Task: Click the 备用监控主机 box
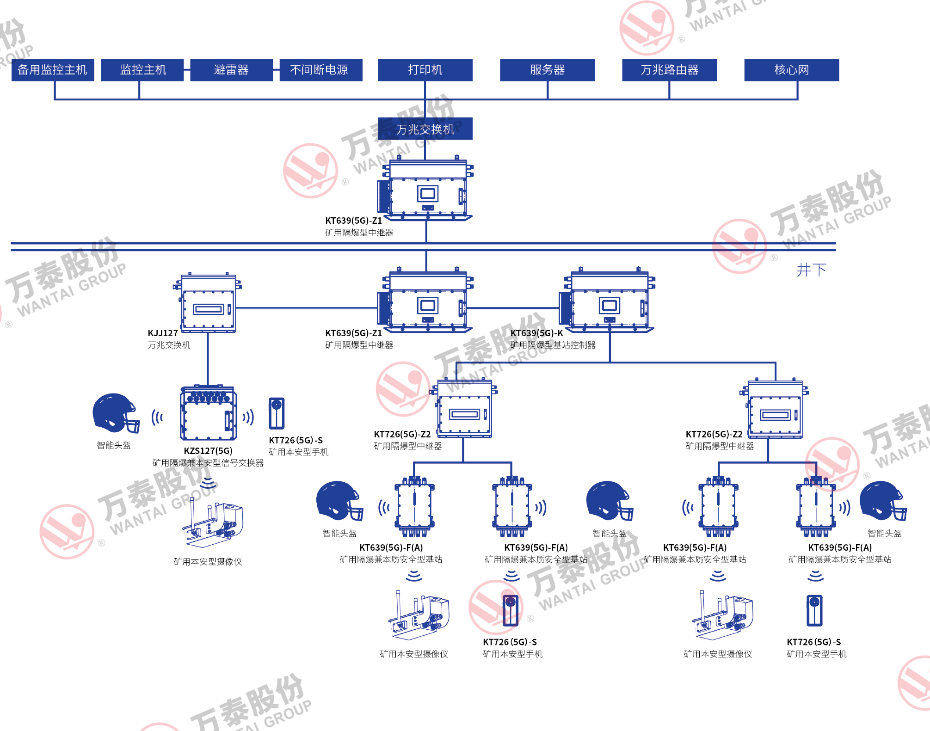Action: [53, 70]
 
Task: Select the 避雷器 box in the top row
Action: [231, 70]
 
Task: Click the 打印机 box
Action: [425, 70]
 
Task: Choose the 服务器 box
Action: [547, 70]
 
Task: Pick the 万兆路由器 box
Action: [669, 70]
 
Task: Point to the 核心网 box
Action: [791, 70]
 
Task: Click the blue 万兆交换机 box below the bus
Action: [425, 129]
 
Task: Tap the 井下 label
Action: [811, 270]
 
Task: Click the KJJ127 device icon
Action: [208, 304]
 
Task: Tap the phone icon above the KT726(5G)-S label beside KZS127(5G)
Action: [277, 413]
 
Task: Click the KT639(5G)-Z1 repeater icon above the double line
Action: [426, 190]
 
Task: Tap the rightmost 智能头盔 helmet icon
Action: [882, 501]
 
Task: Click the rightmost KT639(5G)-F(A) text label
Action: [840, 547]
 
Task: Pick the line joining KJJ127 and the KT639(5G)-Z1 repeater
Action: [307, 308]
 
